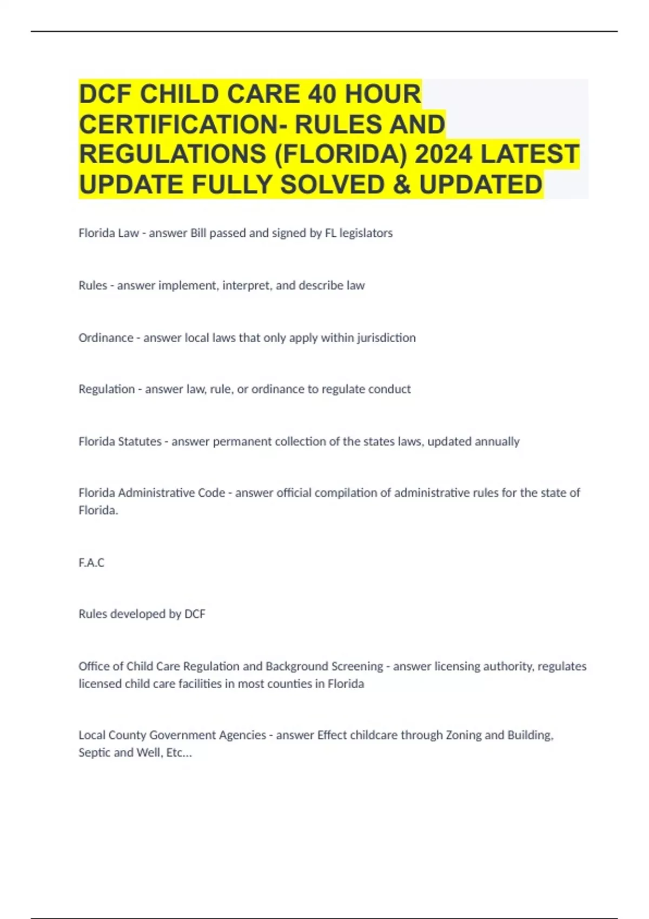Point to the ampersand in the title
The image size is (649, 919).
click(402, 184)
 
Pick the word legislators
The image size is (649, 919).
click(366, 233)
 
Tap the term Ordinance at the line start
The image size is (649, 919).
click(106, 338)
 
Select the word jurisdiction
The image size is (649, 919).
click(386, 338)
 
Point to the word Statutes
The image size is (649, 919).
click(140, 442)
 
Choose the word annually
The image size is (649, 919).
click(496, 442)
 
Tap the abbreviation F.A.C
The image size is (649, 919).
click(91, 563)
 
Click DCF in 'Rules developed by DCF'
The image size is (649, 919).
click(195, 614)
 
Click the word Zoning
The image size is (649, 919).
click(463, 735)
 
